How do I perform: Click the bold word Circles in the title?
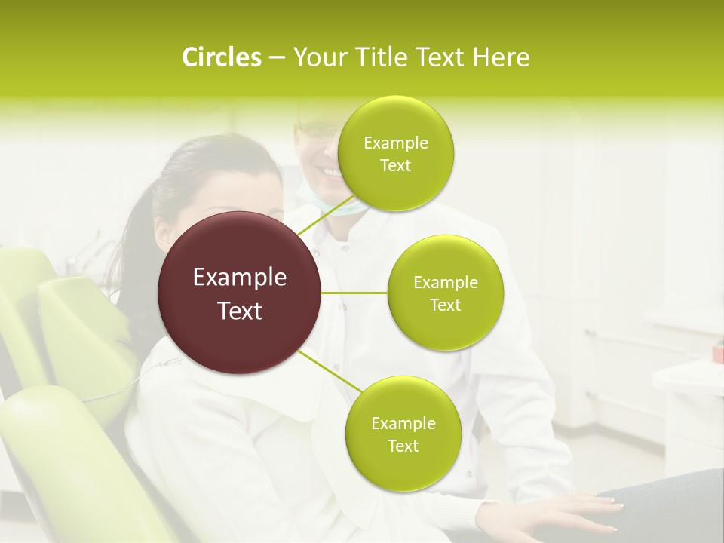tap(222, 57)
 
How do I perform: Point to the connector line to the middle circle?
tap(354, 293)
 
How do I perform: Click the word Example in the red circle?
tap(240, 278)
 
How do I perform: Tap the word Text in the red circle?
tap(240, 311)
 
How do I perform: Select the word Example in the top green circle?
tap(395, 143)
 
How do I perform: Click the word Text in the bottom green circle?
tap(403, 446)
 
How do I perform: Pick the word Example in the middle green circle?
tap(445, 283)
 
